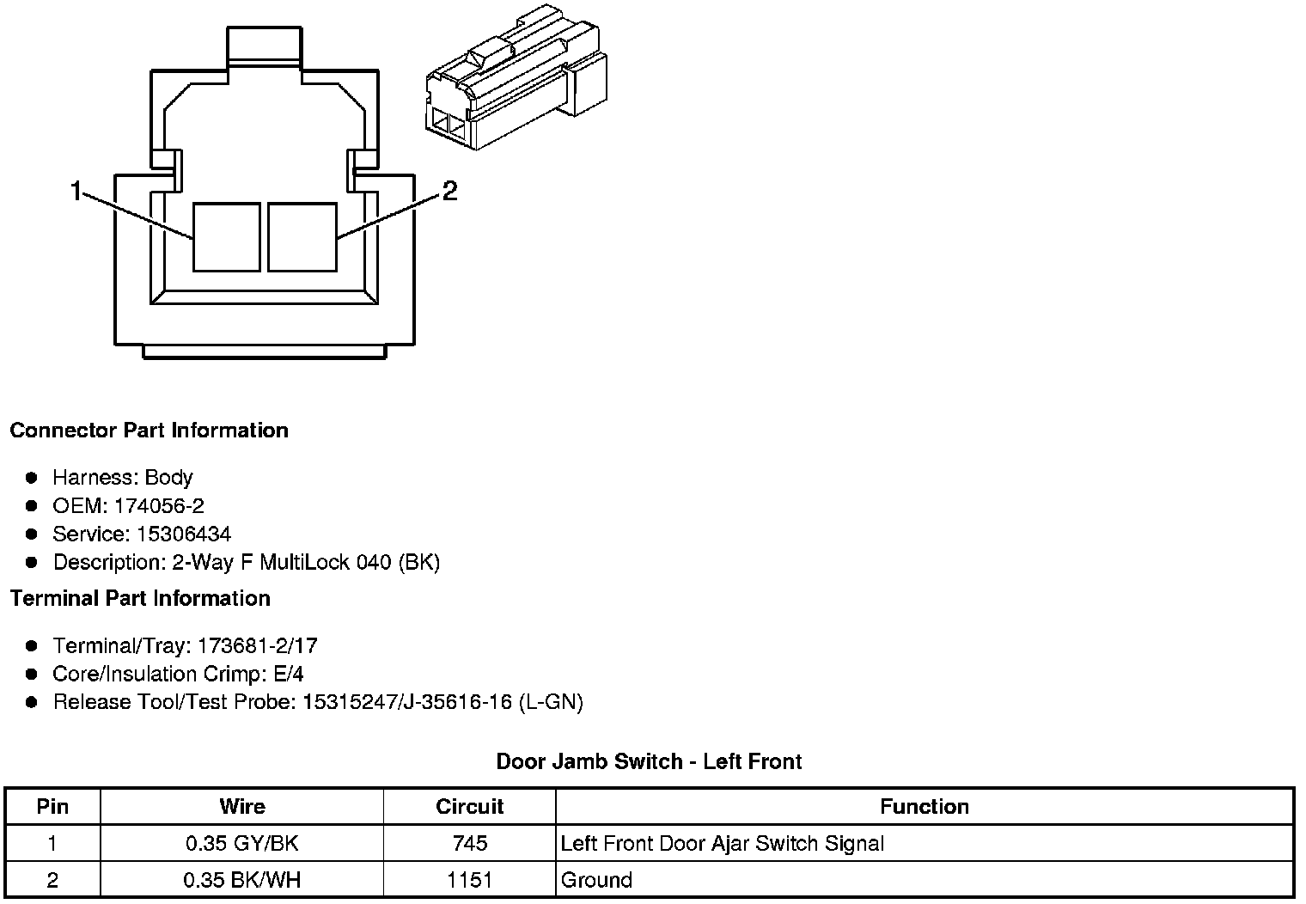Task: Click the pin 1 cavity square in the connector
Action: click(x=227, y=237)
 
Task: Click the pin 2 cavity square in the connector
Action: click(x=302, y=237)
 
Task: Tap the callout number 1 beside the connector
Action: click(x=76, y=191)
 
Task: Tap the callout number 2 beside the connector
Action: click(x=449, y=191)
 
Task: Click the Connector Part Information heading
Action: click(x=150, y=431)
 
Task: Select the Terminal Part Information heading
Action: click(x=141, y=598)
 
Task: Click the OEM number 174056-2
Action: click(x=159, y=505)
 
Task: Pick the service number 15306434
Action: click(x=184, y=534)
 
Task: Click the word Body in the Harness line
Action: click(x=168, y=478)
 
